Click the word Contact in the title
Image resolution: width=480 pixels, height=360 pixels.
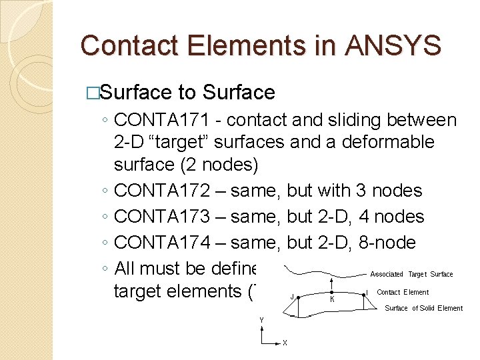pyautogui.click(x=127, y=45)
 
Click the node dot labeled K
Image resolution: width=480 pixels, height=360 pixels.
pyautogui.click(x=331, y=293)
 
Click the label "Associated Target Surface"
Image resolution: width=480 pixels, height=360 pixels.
pyautogui.click(x=411, y=274)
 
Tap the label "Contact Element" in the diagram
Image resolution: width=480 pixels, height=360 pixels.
pyautogui.click(x=403, y=292)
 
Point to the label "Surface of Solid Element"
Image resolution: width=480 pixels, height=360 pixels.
pyautogui.click(x=423, y=308)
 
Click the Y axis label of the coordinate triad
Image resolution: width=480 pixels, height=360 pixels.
pyautogui.click(x=261, y=321)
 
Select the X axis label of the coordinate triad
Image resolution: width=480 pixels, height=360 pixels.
pyautogui.click(x=285, y=343)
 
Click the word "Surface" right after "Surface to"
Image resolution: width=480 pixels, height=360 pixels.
pyautogui.click(x=239, y=92)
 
